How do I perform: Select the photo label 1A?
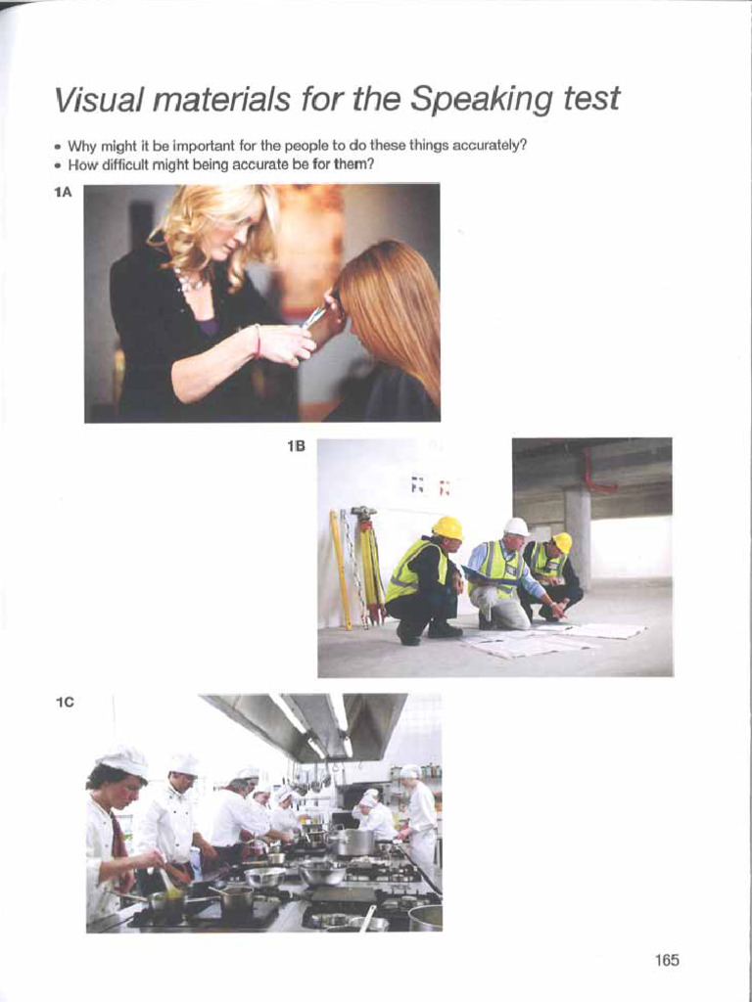(64, 193)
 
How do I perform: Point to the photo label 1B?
(296, 446)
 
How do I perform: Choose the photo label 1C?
(65, 702)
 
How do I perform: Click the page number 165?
(667, 960)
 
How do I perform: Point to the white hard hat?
(516, 527)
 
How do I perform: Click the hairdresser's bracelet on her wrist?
(258, 340)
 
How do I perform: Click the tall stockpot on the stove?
(354, 841)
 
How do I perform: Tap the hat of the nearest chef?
(123, 760)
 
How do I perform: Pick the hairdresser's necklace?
(192, 284)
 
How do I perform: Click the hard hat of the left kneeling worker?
(448, 528)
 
